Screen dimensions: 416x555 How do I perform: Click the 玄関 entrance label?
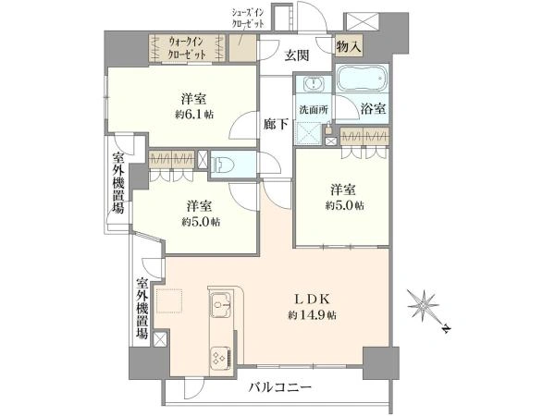(x=296, y=55)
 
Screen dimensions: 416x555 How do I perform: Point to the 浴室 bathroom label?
(x=374, y=109)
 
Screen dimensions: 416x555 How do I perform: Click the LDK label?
(x=307, y=299)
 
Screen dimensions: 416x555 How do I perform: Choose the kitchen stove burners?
(x=221, y=353)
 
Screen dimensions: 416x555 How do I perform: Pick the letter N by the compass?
(x=445, y=328)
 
